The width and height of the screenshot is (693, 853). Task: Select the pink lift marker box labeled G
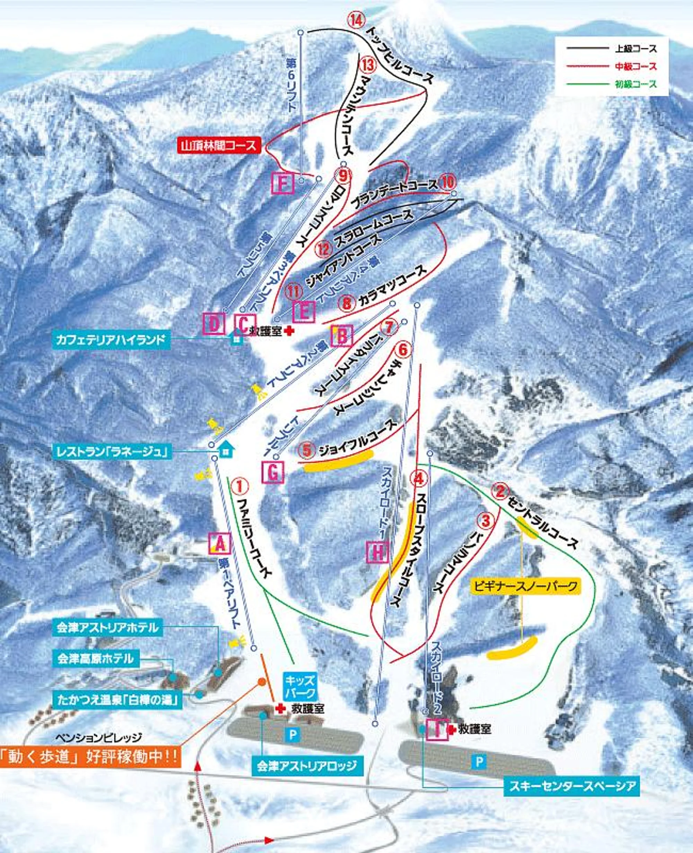(273, 472)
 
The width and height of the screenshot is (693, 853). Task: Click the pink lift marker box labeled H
(377, 552)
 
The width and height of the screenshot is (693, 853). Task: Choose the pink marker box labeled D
(214, 323)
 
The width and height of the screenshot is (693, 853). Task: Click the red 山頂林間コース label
(219, 146)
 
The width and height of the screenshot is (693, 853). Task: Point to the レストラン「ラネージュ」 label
(111, 452)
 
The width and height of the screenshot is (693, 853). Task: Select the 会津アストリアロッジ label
(307, 766)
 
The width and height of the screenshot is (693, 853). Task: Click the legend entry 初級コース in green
(633, 84)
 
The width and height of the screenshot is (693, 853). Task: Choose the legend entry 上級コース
(633, 49)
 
